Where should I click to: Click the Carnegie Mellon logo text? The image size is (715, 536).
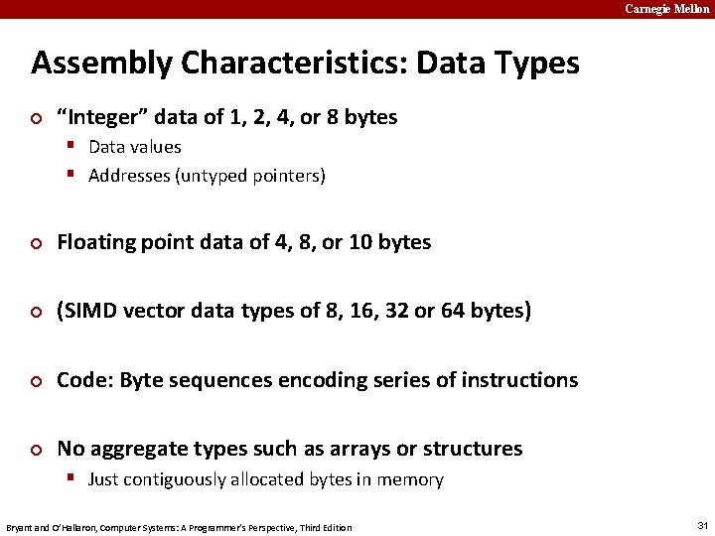(666, 9)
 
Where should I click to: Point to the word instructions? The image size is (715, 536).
(519, 380)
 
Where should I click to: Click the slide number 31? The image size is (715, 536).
(702, 525)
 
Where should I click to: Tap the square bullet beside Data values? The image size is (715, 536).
(72, 146)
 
